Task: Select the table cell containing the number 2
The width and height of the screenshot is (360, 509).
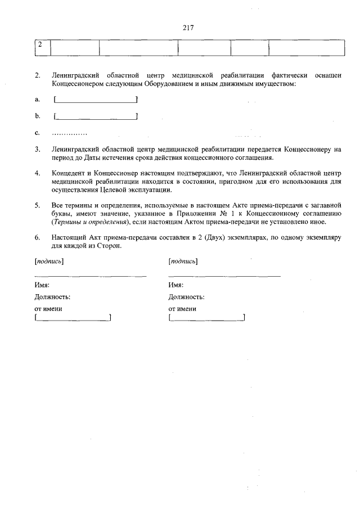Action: point(42,47)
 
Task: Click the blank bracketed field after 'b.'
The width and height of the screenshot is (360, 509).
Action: point(96,116)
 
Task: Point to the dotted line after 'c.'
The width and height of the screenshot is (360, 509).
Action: point(69,133)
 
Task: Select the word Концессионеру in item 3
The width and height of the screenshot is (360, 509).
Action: point(308,150)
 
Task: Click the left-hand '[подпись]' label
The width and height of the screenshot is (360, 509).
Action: point(48,262)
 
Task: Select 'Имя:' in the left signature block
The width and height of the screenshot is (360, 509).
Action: point(42,285)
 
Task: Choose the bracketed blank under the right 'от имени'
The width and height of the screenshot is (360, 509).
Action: point(206,319)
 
